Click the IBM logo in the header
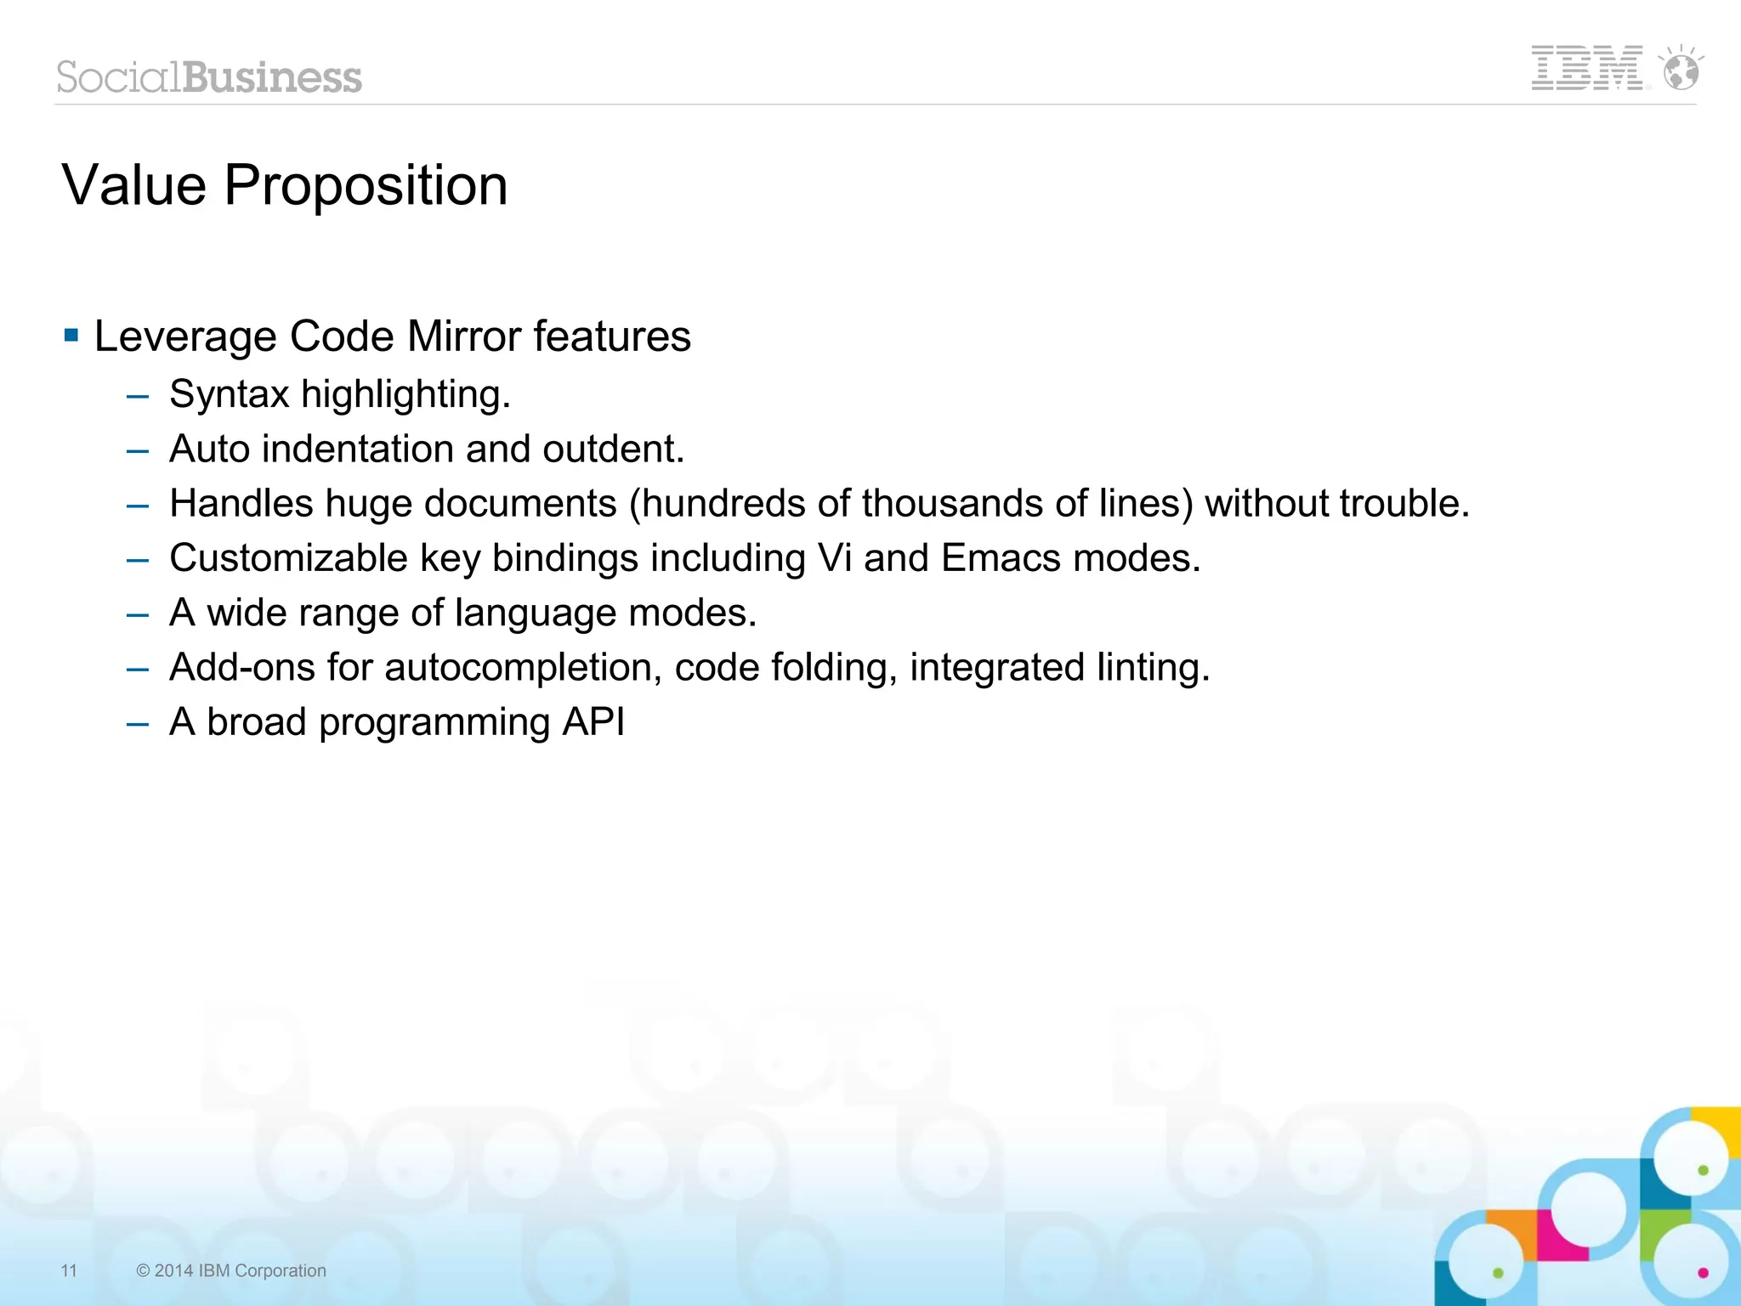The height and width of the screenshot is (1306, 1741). (x=1586, y=68)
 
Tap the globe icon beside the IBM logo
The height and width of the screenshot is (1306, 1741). (x=1681, y=70)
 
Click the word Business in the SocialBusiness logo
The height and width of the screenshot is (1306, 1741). (x=272, y=77)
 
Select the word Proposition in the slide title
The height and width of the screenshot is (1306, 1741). (x=366, y=185)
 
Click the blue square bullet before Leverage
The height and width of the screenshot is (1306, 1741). (x=71, y=335)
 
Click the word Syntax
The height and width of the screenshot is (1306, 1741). (x=230, y=394)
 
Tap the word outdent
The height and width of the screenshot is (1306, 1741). (x=612, y=449)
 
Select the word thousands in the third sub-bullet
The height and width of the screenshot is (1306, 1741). (x=951, y=503)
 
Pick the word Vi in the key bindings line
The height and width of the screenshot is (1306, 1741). (x=834, y=558)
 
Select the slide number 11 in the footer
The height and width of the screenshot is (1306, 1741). (x=69, y=1270)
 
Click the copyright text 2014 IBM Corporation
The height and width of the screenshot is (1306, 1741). (x=231, y=1270)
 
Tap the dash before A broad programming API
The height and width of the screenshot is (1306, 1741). (x=138, y=724)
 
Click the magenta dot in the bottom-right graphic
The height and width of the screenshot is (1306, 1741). (x=1703, y=1272)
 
